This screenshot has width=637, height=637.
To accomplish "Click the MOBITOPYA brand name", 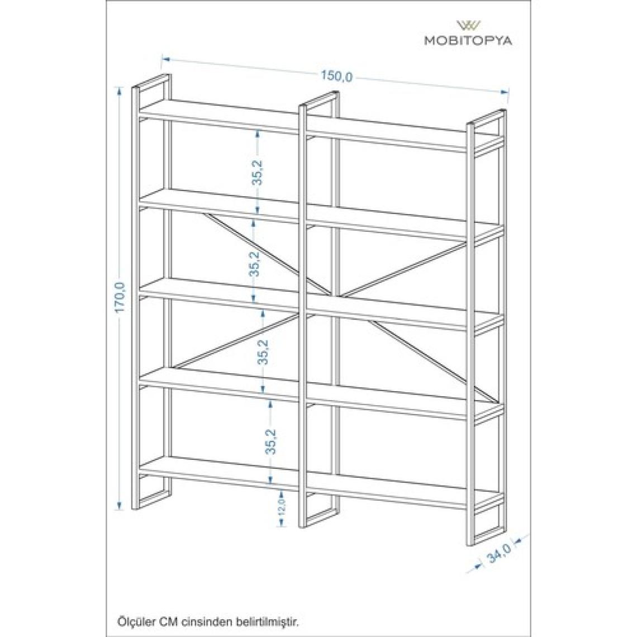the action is pyautogui.click(x=468, y=40).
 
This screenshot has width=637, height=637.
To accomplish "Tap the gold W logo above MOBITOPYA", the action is pyautogui.click(x=469, y=25).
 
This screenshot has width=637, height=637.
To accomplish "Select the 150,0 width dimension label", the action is pyautogui.click(x=337, y=76).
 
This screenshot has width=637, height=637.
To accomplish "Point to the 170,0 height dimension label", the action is pyautogui.click(x=121, y=297).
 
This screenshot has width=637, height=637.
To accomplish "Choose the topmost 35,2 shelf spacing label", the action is pyautogui.click(x=258, y=173).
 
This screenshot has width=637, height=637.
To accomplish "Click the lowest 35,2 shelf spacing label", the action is pyautogui.click(x=270, y=441).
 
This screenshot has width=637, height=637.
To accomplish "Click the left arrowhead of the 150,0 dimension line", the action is pyautogui.click(x=165, y=59).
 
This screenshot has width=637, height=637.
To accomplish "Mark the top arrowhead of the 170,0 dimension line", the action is pyautogui.click(x=119, y=90).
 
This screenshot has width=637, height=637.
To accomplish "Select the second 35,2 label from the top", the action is pyautogui.click(x=254, y=264).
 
